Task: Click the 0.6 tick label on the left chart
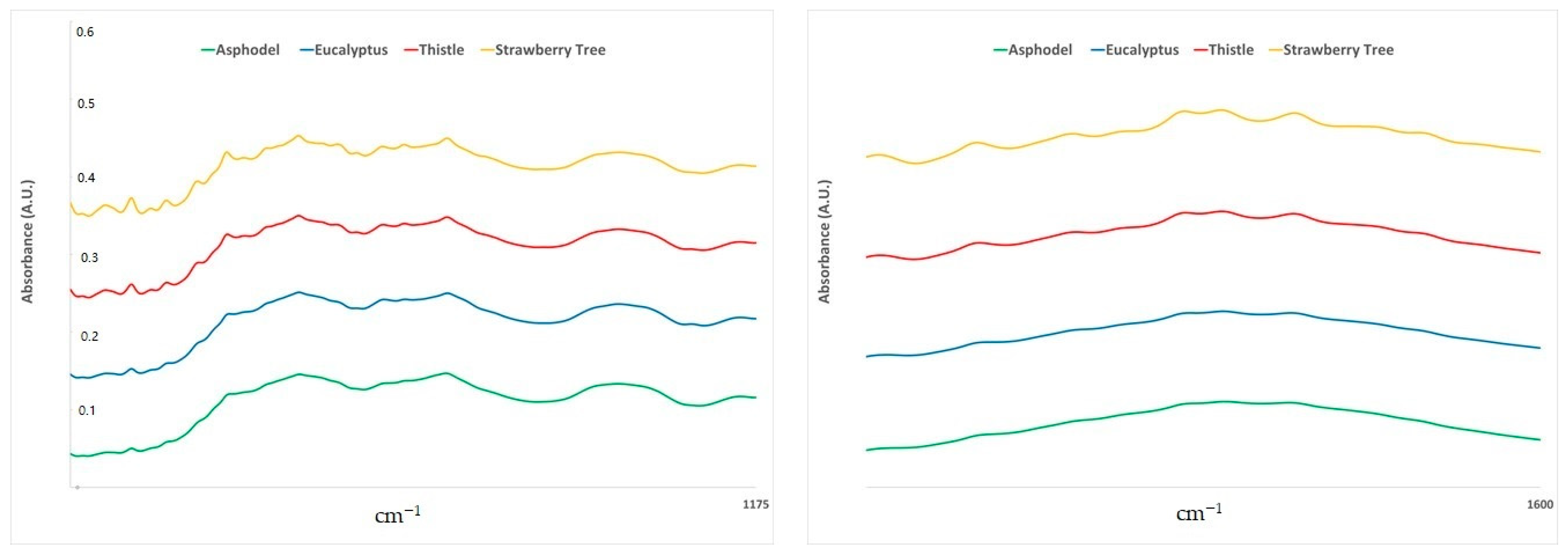[85, 32]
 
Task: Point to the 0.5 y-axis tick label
[86, 103]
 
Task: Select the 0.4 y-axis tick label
[86, 178]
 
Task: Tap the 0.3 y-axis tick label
[89, 257]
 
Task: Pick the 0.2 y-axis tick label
[89, 336]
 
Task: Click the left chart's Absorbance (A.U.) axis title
[27, 241]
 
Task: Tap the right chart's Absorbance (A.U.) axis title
[824, 241]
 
